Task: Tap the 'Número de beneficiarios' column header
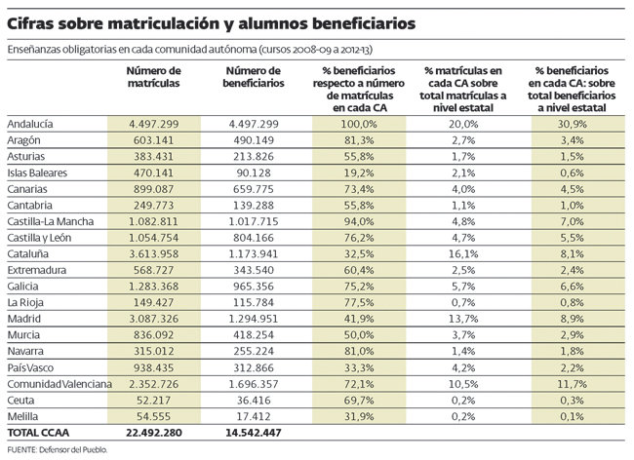253,79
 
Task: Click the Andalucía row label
30,125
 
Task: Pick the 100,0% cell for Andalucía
360,125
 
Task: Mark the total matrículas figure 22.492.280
154,430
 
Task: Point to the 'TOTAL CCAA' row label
38,430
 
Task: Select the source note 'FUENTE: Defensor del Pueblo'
57,449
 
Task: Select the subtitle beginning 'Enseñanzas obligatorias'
194,48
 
